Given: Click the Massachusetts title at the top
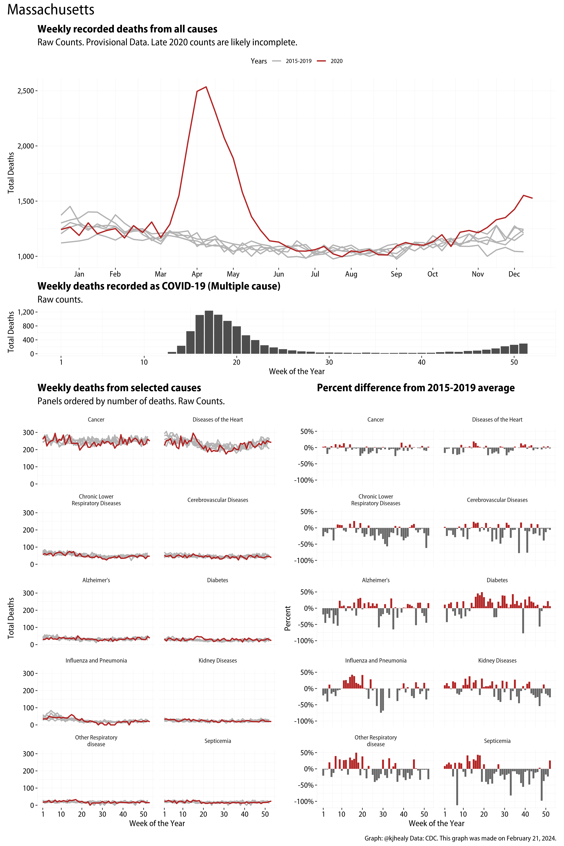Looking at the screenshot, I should pyautogui.click(x=51, y=10).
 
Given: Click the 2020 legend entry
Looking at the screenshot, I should pyautogui.click(x=336, y=61).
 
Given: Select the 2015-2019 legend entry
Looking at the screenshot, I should pyautogui.click(x=298, y=61).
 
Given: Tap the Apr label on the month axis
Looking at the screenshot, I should pyautogui.click(x=197, y=274).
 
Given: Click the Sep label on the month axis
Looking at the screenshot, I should pyautogui.click(x=396, y=274).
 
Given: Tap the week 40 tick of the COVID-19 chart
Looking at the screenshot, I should pyautogui.click(x=422, y=362).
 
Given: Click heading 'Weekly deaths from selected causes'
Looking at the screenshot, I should pyautogui.click(x=119, y=388).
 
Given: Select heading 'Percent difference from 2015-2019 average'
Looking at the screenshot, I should pyautogui.click(x=415, y=388).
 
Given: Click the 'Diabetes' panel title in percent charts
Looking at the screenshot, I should pyautogui.click(x=497, y=580).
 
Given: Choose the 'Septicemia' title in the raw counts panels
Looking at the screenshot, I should pyautogui.click(x=218, y=741).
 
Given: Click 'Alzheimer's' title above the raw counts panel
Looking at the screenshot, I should pyautogui.click(x=96, y=580).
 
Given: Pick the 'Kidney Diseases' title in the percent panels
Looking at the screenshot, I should pyautogui.click(x=497, y=660).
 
